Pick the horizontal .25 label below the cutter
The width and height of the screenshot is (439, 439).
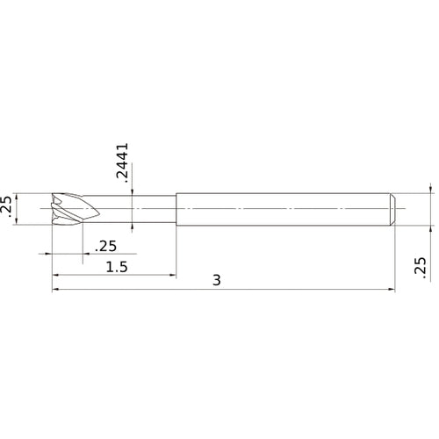tap(106, 247)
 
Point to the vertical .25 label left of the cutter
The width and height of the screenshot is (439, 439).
tap(9, 209)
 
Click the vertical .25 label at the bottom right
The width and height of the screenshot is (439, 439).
tap(420, 268)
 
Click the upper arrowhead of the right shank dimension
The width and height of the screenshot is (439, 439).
tap(429, 189)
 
